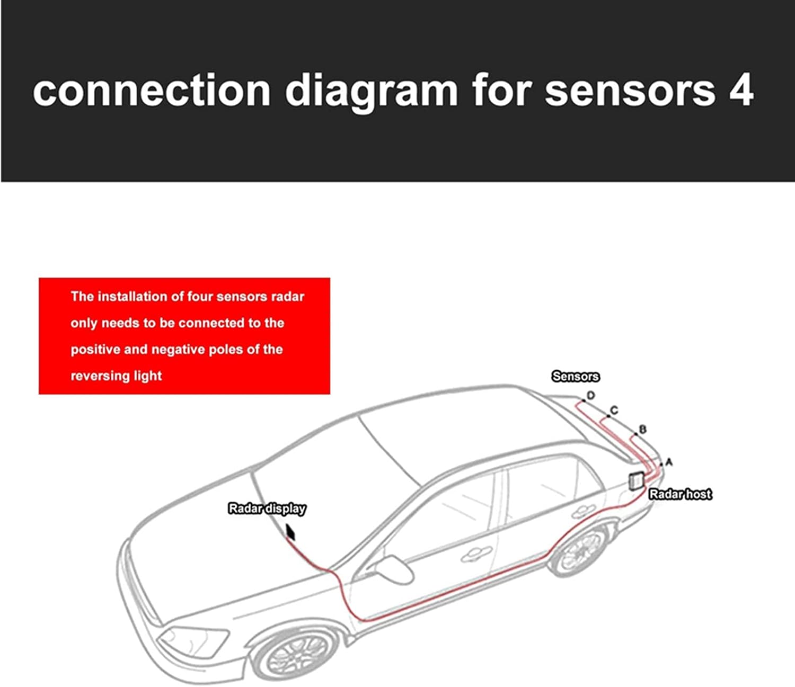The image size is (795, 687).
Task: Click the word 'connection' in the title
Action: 152,91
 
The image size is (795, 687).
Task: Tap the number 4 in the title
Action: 740,91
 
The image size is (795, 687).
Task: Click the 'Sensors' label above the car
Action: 576,377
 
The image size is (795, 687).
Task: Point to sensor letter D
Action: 591,395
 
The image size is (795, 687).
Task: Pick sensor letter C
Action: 614,410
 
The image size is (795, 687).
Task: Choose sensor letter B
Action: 643,429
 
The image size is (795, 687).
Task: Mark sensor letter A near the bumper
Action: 669,462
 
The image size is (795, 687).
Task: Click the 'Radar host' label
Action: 680,494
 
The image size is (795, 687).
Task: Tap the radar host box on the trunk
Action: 636,480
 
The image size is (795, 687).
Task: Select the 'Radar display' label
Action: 267,508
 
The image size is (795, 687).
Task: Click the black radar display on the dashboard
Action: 290,532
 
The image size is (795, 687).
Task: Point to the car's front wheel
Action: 297,655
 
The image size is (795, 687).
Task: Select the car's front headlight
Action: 194,641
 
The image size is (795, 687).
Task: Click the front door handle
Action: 471,554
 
